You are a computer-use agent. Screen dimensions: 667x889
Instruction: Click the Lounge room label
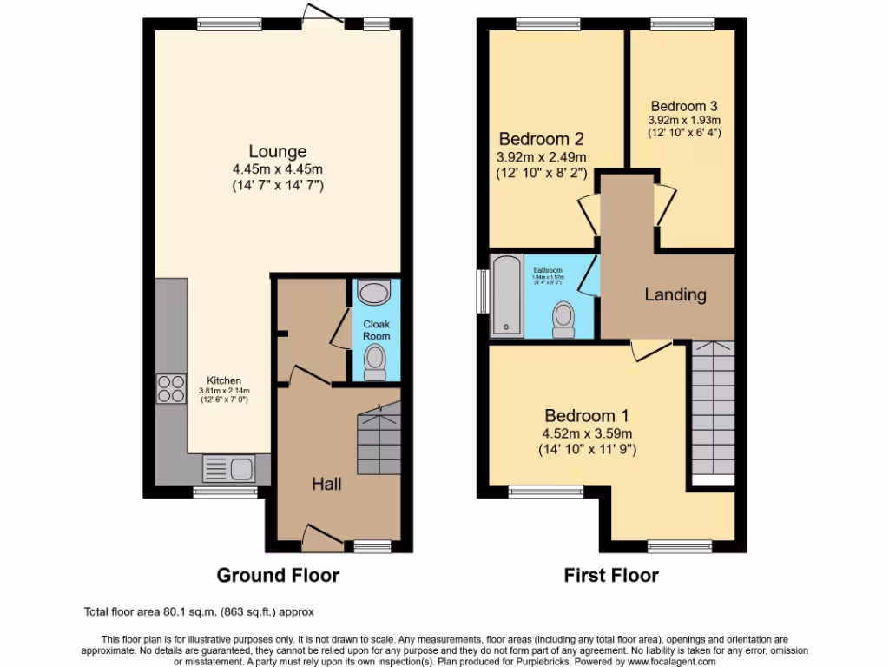pyautogui.click(x=277, y=151)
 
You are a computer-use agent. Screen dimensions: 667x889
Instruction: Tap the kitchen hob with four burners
pyautogui.click(x=171, y=387)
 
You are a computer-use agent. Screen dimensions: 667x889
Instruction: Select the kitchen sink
pyautogui.click(x=228, y=469)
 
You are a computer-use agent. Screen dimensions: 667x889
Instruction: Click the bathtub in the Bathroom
pyautogui.click(x=504, y=295)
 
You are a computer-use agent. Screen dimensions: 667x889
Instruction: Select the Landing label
pyautogui.click(x=675, y=294)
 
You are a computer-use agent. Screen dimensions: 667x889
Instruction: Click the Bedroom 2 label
pyautogui.click(x=541, y=139)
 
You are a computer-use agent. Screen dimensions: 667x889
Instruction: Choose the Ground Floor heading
pyautogui.click(x=277, y=575)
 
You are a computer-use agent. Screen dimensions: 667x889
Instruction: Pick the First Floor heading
pyautogui.click(x=611, y=575)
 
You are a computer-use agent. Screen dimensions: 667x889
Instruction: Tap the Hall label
pyautogui.click(x=326, y=484)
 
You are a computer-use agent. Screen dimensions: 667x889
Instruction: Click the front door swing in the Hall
pyautogui.click(x=319, y=536)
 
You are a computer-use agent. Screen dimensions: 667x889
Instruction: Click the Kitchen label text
pyautogui.click(x=223, y=380)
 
